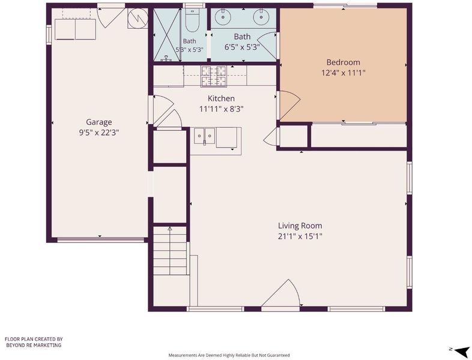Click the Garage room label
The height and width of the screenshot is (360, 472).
[x=98, y=122]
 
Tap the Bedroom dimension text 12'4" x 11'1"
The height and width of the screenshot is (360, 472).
[x=343, y=73]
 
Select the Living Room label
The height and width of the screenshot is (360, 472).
[x=300, y=226]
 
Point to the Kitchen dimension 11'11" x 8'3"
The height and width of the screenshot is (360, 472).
[x=221, y=109]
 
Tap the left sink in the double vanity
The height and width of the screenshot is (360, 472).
[x=223, y=17]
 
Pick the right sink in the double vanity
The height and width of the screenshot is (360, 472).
[x=259, y=17]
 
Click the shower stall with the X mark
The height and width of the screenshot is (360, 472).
[x=167, y=34]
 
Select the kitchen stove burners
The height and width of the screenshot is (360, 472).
[x=214, y=76]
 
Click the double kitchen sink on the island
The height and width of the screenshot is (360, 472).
[x=205, y=136]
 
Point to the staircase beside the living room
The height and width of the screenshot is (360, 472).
[x=170, y=251]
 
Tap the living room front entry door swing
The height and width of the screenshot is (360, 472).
[x=281, y=293]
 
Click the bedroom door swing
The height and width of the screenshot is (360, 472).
[x=289, y=104]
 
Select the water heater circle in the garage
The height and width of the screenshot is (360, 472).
[x=138, y=19]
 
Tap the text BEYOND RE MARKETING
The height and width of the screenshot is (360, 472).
[x=34, y=345]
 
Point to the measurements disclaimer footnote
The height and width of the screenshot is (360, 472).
[x=229, y=355]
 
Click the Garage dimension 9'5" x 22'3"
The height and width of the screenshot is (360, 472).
[x=99, y=133]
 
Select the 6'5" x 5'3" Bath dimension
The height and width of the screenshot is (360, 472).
[x=243, y=47]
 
